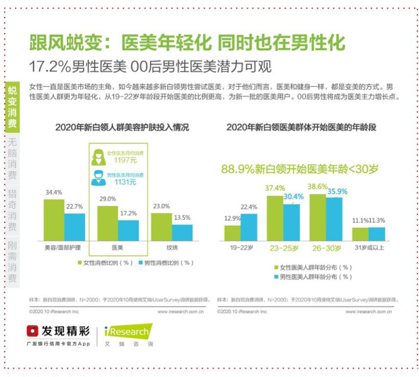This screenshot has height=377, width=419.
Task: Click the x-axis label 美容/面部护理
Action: (x=64, y=247)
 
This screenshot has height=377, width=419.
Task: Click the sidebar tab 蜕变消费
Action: (x=12, y=108)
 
